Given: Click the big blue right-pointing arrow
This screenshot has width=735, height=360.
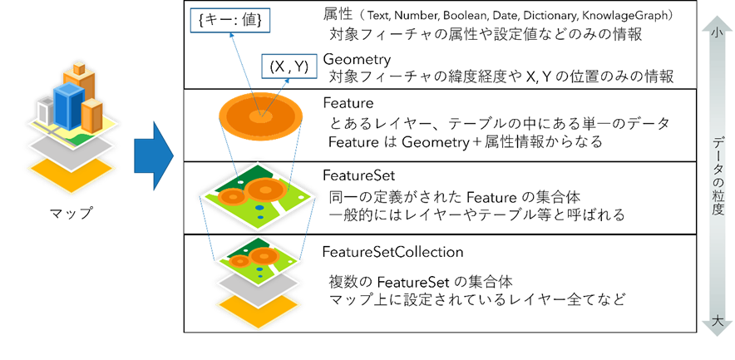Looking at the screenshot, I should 153,155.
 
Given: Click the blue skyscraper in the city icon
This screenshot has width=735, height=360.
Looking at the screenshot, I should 68,107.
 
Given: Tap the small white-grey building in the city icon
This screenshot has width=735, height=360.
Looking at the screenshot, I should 45,110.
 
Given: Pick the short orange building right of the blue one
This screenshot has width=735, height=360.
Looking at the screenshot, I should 92,116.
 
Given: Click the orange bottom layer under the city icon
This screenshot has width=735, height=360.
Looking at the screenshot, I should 72,175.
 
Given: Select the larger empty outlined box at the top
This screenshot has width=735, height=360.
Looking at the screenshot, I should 229,20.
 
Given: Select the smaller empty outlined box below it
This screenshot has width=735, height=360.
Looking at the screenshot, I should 289,66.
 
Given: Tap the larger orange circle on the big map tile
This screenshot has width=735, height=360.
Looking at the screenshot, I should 266,189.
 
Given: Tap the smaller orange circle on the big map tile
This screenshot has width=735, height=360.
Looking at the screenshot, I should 232,197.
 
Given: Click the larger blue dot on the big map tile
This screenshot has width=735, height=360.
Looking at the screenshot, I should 259,207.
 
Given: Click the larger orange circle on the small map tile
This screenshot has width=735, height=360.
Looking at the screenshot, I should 264,255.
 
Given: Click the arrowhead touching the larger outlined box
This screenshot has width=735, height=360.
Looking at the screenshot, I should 232,36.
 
